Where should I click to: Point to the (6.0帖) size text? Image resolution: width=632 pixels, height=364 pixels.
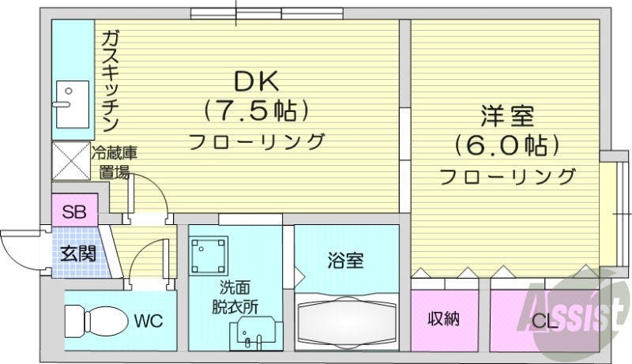(506, 145)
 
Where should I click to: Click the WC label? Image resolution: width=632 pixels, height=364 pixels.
(149, 321)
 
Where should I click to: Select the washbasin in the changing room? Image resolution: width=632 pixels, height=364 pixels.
(251, 332)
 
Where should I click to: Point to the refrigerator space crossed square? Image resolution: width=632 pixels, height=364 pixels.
(71, 161)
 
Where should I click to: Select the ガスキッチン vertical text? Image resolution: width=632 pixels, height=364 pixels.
(109, 79)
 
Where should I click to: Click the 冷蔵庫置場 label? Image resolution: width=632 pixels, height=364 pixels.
(114, 162)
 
